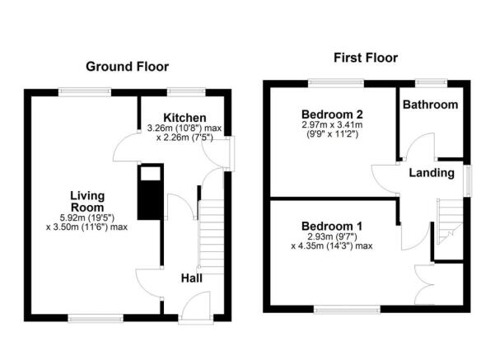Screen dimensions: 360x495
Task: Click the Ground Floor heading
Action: pos(127,66)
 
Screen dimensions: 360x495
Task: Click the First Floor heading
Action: pos(365,58)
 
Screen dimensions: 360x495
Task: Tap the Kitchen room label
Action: pos(184,118)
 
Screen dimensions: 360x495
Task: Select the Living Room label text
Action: pos(86,201)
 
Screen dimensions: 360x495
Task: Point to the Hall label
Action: pos(191,277)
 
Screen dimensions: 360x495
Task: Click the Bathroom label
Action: pos(430,105)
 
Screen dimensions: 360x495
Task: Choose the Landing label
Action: pos(432,173)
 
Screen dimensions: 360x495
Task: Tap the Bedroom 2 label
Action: pos(332,114)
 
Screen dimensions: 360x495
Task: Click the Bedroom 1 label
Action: pos(333,226)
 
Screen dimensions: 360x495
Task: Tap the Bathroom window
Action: pos(430,82)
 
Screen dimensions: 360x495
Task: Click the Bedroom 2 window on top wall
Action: pos(336,82)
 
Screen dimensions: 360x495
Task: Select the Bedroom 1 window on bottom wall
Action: pos(347,310)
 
